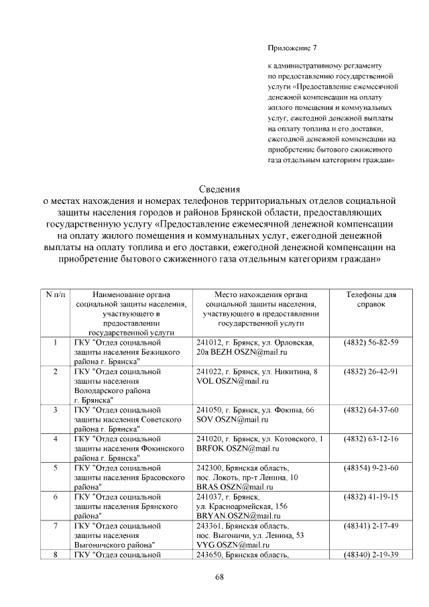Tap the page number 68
click(x=219, y=577)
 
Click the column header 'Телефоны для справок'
click(x=371, y=299)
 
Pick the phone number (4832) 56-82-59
click(x=371, y=342)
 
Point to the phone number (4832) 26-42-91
click(x=371, y=372)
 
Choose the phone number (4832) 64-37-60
click(x=371, y=410)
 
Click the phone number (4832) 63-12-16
click(x=371, y=439)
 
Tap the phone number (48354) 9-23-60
click(x=371, y=467)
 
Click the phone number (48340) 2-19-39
click(x=371, y=555)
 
